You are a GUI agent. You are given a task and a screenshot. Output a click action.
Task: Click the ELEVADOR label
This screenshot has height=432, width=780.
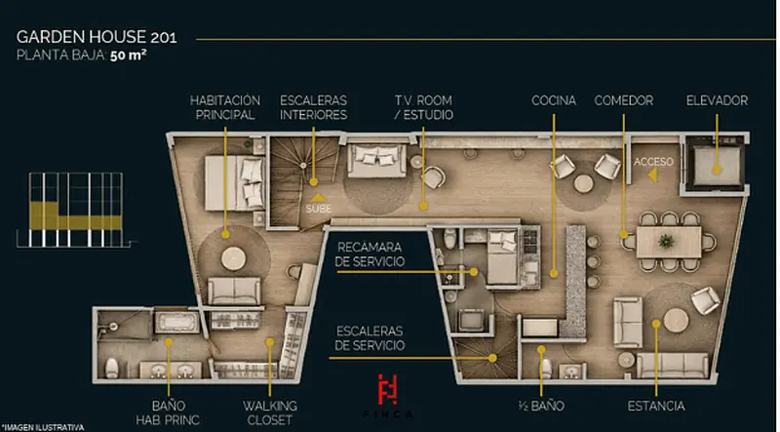click(x=717, y=100)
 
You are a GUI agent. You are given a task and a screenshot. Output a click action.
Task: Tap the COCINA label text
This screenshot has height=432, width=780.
click(x=554, y=100)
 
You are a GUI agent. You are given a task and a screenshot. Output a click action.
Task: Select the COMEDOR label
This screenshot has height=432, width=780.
click(x=623, y=100)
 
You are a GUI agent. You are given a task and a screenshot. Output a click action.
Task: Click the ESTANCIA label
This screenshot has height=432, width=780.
click(x=655, y=406)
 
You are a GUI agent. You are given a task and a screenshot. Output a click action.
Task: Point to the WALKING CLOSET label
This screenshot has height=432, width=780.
click(x=270, y=412)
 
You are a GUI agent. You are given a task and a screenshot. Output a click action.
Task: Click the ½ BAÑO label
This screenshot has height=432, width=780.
click(x=541, y=406)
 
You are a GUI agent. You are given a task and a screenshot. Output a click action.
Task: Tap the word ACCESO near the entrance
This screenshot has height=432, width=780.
click(x=653, y=162)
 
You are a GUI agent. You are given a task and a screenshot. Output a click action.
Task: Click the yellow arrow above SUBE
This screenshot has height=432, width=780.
click(x=318, y=198)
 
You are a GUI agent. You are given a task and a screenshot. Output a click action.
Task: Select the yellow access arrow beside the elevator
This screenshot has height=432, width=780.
click(x=652, y=175)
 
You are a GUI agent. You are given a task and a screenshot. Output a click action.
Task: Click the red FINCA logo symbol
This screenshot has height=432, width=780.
click(x=387, y=389)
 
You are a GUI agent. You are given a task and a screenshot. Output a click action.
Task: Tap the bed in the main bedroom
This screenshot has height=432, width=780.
click(x=233, y=183)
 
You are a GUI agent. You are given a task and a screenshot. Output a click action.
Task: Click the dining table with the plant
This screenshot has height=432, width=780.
click(x=669, y=242)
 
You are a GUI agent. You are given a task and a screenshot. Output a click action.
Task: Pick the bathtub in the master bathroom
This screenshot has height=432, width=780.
click(x=176, y=323)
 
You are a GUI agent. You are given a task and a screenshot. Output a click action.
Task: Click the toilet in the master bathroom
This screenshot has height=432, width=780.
click(x=112, y=368)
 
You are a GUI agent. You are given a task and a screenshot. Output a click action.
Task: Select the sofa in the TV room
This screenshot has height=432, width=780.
click(x=377, y=161)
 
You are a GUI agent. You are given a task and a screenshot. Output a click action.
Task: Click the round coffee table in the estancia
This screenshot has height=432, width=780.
click(x=676, y=320)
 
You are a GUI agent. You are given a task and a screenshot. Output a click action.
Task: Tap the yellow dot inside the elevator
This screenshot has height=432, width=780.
click(x=717, y=170)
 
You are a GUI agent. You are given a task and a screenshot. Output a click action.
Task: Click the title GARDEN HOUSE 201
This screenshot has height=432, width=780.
click(x=97, y=37)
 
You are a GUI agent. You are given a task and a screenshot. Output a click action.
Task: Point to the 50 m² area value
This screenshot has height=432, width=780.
click(x=129, y=56)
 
